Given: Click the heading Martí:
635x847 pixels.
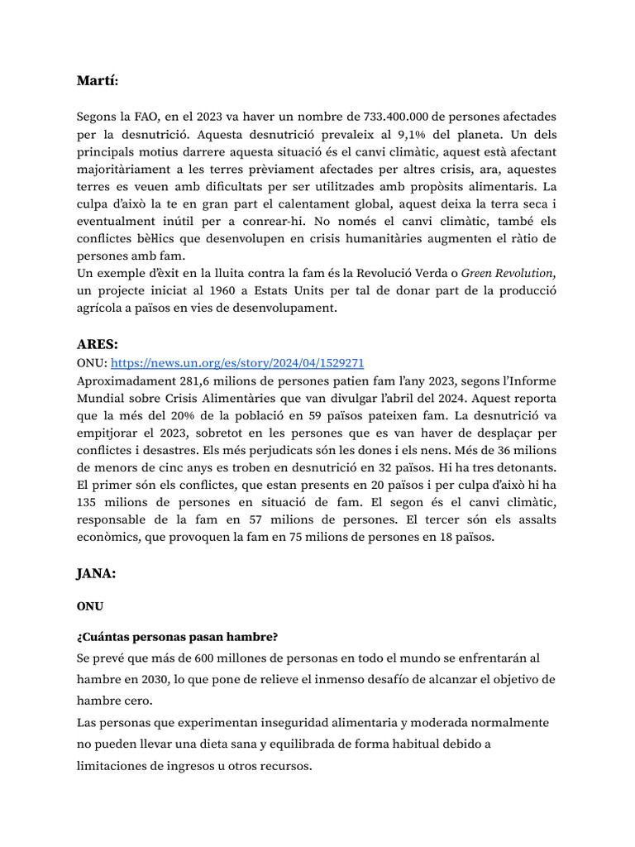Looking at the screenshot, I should [98, 80].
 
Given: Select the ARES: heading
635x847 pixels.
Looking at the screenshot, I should [98, 343].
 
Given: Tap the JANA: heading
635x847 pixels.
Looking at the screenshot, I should [98, 572].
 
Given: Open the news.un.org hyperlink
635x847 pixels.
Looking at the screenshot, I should [237, 363].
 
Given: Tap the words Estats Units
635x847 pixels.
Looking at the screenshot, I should [270, 291].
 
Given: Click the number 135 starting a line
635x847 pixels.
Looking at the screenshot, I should [88, 503].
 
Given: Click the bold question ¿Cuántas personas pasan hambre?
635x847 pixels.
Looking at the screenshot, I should [177, 637].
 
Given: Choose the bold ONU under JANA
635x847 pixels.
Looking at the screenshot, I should [90, 606].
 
